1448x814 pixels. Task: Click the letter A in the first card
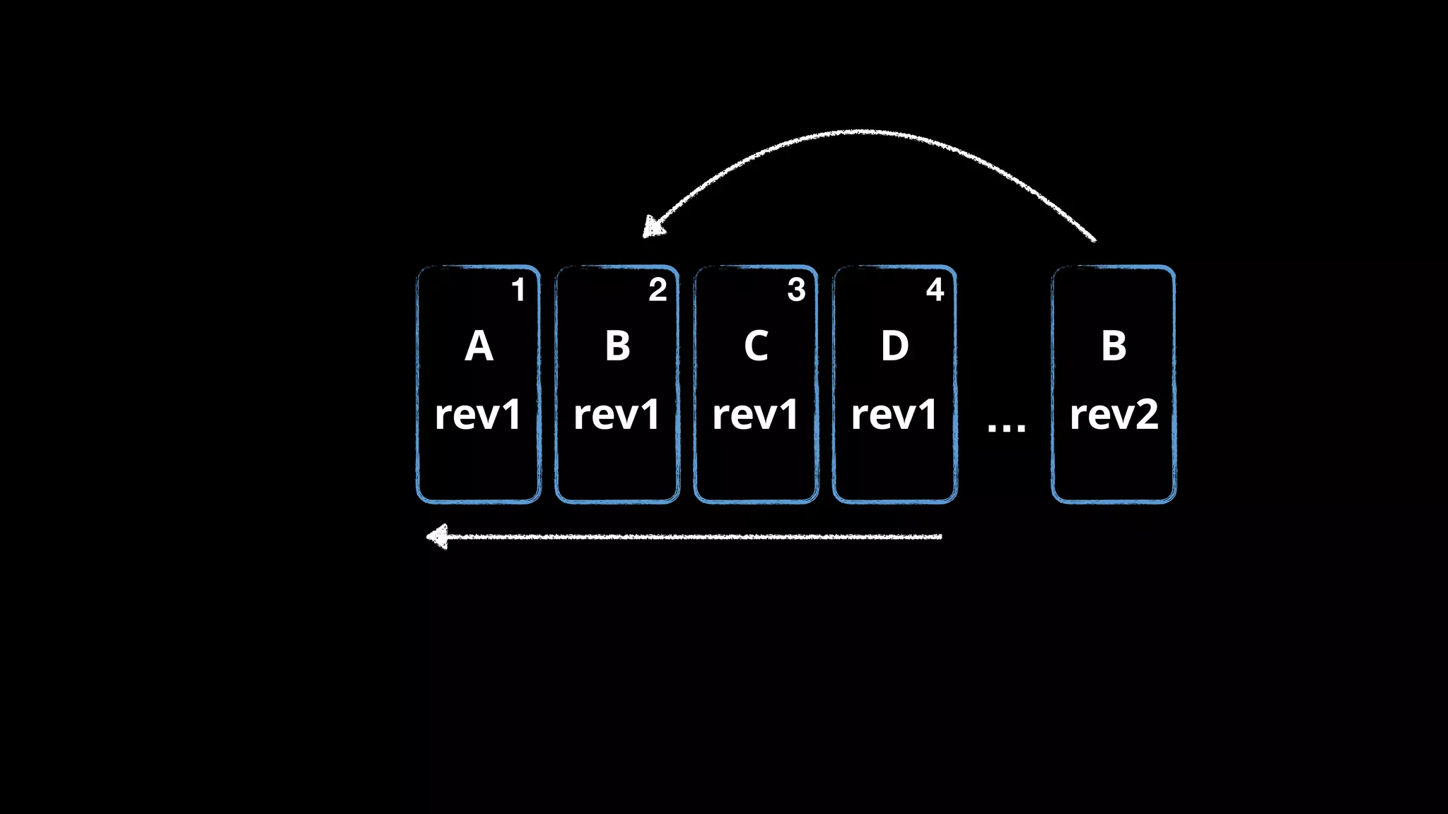tap(479, 346)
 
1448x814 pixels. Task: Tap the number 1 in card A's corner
tap(518, 290)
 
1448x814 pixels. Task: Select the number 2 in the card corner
tap(658, 290)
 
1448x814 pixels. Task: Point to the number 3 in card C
tap(796, 290)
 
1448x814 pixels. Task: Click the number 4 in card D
tap(935, 290)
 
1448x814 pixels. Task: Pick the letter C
tap(756, 346)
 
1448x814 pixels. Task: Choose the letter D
tap(894, 346)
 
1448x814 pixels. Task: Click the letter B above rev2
tap(1114, 346)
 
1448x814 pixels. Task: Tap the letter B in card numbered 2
tap(617, 346)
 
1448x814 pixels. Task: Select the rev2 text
tap(1114, 415)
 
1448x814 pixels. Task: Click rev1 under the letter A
tap(479, 415)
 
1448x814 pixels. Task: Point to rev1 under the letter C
tap(756, 415)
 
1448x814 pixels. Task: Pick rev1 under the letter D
tap(894, 415)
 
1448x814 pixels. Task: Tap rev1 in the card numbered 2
tap(617, 415)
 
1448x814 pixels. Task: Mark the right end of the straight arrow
tap(940, 537)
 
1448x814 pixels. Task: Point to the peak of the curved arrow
tap(859, 131)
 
